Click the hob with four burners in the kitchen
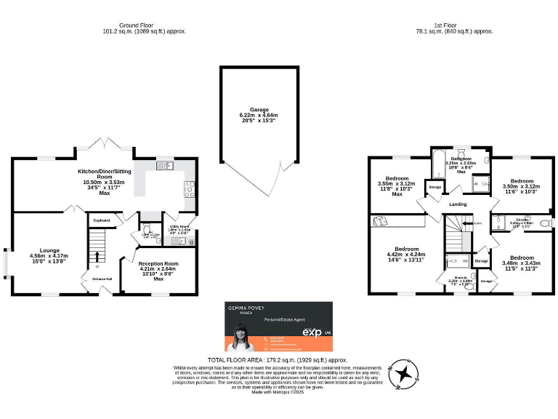point(190,188)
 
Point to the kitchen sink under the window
point(165,166)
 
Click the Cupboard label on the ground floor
point(100,219)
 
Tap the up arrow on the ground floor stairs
point(97,256)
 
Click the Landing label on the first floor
point(458,204)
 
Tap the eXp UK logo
point(314,332)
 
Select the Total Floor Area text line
point(278,360)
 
